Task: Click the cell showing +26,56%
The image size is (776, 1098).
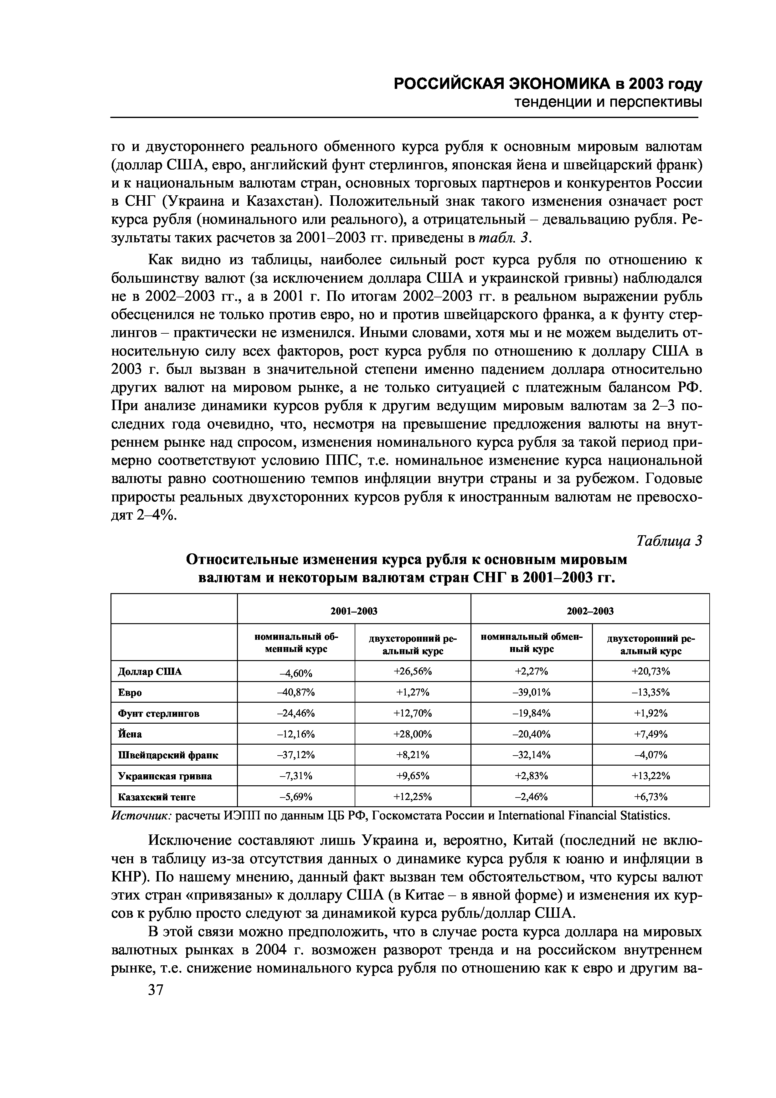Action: click(x=412, y=671)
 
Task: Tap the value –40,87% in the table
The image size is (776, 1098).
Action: click(x=296, y=692)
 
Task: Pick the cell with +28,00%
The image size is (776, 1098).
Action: click(x=412, y=734)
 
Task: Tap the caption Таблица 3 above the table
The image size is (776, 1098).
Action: click(x=669, y=541)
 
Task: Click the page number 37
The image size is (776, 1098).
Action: click(x=156, y=990)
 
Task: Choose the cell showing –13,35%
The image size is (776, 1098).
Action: click(x=650, y=692)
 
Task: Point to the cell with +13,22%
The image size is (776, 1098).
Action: click(x=650, y=776)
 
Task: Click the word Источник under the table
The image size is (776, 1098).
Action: click(x=141, y=815)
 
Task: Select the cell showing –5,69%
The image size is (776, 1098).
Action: click(x=296, y=797)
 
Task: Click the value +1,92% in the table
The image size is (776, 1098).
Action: click(x=650, y=713)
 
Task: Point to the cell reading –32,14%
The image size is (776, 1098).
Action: click(x=531, y=755)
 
